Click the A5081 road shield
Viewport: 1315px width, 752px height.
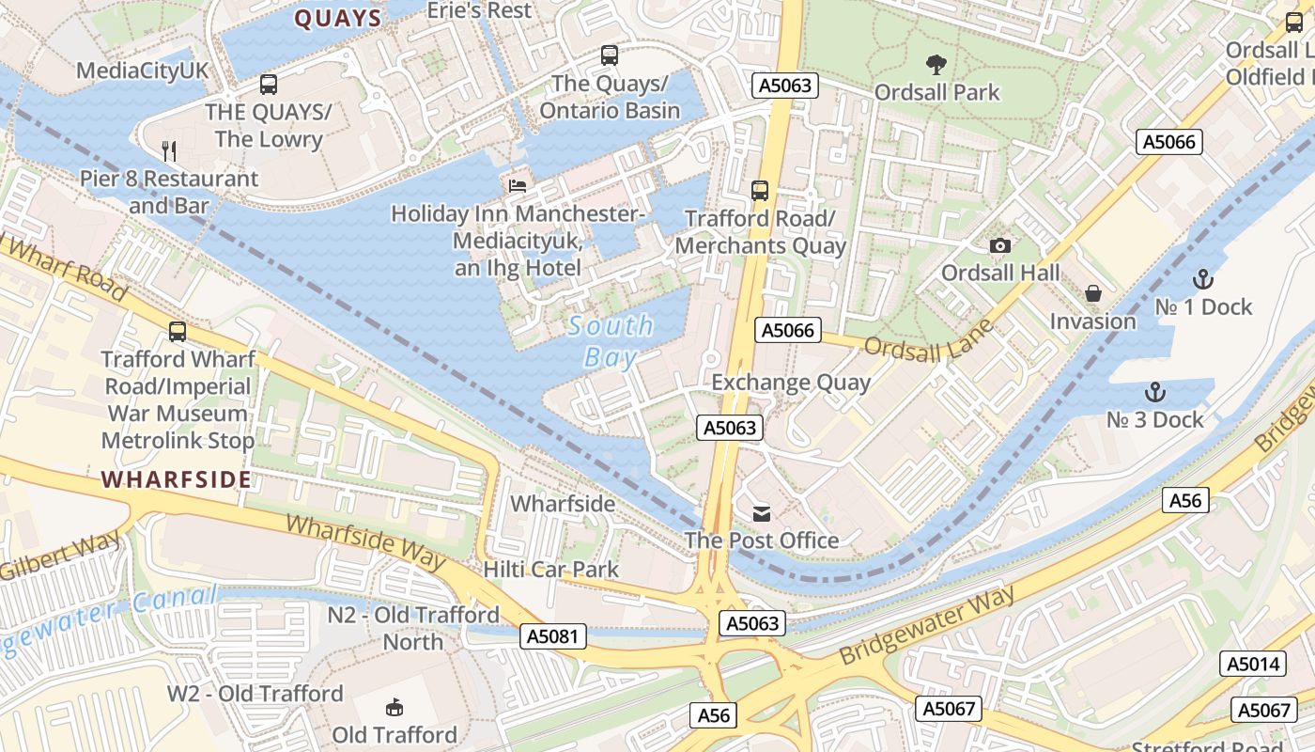tap(553, 636)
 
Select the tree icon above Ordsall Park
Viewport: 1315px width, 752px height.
tap(936, 65)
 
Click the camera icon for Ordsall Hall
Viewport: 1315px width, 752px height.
tap(1000, 245)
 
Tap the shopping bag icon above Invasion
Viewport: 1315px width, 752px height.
tap(1092, 293)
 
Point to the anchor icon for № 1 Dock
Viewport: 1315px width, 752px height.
tap(1202, 279)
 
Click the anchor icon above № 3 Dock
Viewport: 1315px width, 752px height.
tap(1154, 392)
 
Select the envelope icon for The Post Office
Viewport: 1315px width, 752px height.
tap(761, 513)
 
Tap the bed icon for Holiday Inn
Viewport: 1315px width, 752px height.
tap(517, 185)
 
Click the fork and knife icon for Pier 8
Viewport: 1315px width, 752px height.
tap(169, 150)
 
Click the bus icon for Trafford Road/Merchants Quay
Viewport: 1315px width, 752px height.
tap(760, 191)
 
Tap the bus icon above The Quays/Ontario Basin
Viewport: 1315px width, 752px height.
tap(610, 55)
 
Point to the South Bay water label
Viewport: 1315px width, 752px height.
tap(610, 341)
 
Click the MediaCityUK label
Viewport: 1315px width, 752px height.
tap(143, 70)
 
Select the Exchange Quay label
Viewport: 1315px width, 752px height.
tap(791, 383)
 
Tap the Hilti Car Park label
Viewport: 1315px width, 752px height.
tap(550, 569)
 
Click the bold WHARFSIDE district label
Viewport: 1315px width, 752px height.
tap(177, 480)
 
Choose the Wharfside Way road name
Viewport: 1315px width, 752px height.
tap(366, 541)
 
